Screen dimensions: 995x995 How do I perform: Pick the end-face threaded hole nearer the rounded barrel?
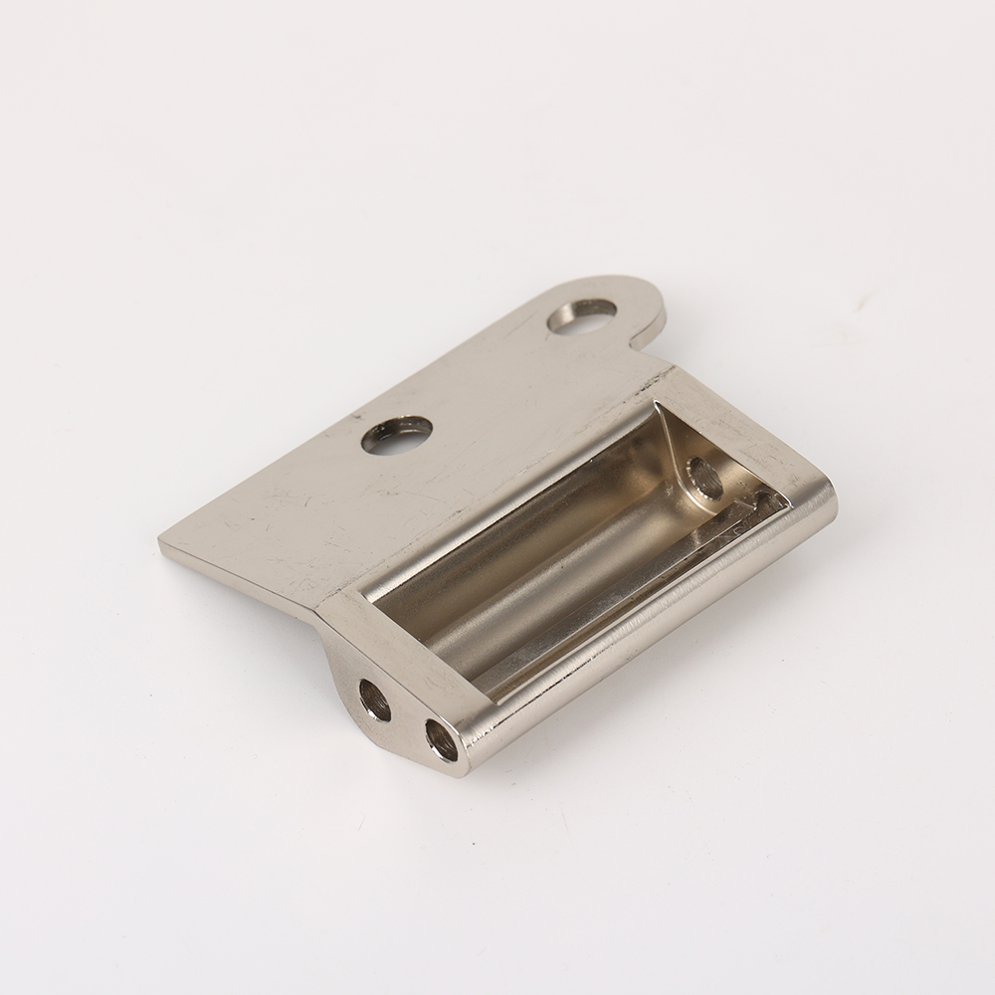pyautogui.click(x=439, y=737)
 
